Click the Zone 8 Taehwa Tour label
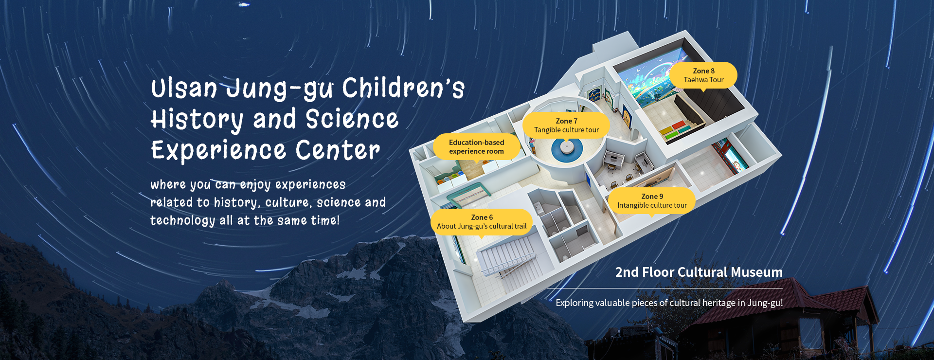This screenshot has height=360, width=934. click(703, 75)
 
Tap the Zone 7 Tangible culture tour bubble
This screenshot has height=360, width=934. click(566, 126)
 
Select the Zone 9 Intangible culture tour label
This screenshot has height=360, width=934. click(652, 201)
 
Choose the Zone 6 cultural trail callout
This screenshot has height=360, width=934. click(482, 222)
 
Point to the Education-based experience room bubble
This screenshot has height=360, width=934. click(476, 147)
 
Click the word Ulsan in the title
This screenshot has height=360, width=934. click(184, 89)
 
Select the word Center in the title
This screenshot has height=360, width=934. click(338, 150)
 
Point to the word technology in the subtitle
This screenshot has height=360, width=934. click(182, 220)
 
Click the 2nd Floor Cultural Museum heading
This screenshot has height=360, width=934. click(699, 272)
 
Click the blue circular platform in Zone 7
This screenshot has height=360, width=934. click(567, 149)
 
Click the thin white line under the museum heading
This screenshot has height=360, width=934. click(665, 288)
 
